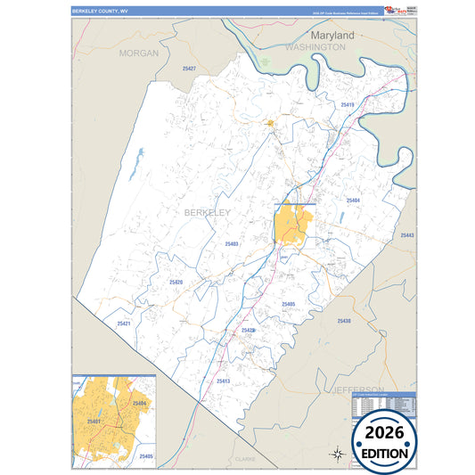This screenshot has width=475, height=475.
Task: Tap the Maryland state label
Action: [332, 35]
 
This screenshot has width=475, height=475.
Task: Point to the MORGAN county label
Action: [138, 53]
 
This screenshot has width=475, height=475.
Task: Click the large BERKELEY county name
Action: [207, 213]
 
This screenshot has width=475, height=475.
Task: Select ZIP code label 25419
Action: [348, 105]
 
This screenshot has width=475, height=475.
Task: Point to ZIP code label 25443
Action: [407, 235]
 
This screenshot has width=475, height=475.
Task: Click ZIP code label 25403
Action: [231, 243]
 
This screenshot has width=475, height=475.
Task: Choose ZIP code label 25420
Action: [176, 283]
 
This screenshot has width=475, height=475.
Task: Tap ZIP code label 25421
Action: [123, 323]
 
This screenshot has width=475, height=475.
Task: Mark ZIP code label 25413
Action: [223, 381]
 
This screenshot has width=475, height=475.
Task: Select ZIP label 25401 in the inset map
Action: [94, 421]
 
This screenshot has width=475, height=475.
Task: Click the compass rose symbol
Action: [338, 454]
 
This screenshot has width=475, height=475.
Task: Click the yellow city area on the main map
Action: [291, 224]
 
